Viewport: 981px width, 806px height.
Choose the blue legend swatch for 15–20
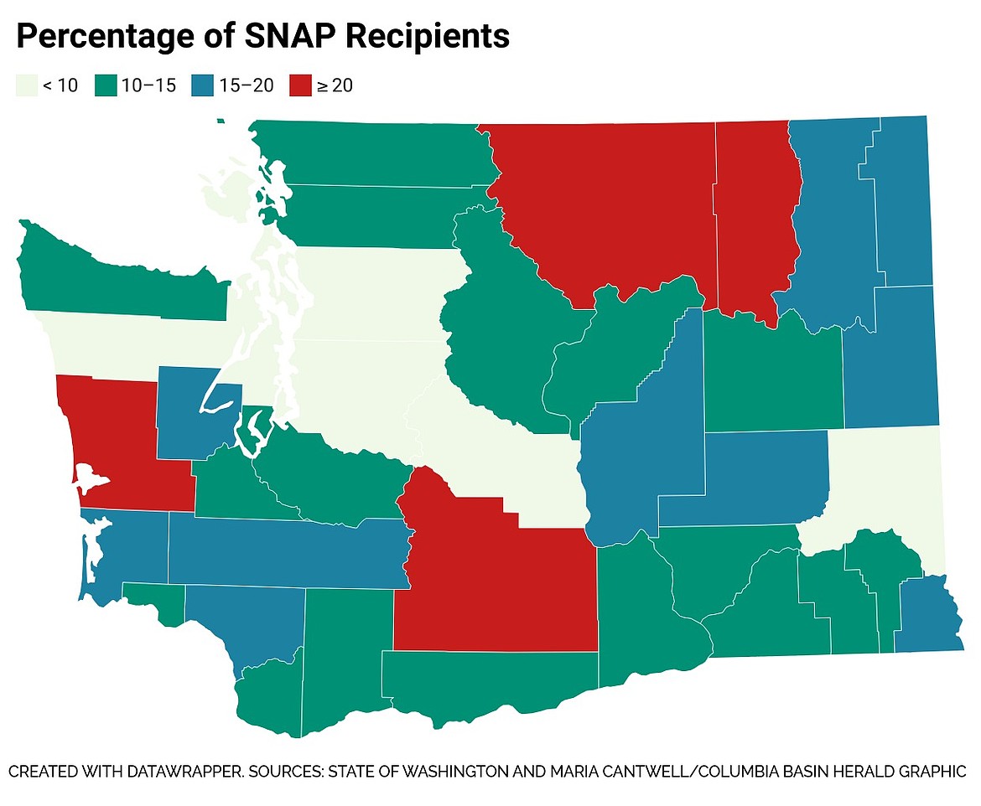coord(203,85)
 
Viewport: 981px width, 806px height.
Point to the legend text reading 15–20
coord(246,85)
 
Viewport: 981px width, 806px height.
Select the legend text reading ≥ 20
coord(334,85)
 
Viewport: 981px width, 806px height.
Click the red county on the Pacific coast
coord(126,444)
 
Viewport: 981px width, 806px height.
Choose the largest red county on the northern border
coord(612,201)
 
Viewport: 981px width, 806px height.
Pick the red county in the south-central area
coord(495,578)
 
